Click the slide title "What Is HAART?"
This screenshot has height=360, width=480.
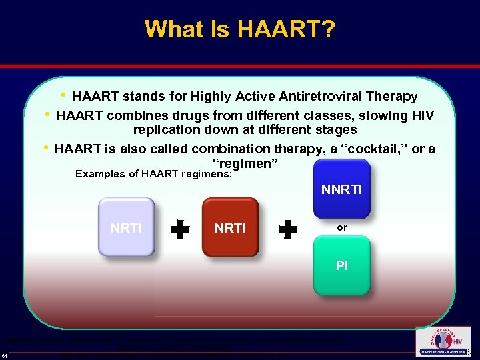[240, 29]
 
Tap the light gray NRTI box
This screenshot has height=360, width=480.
[126, 227]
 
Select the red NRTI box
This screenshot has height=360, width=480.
[230, 227]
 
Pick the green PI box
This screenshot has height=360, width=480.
[341, 265]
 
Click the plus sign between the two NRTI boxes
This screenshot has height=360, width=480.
[179, 230]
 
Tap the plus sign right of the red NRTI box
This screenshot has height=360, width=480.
[287, 230]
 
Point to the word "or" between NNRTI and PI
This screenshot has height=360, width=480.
[342, 227]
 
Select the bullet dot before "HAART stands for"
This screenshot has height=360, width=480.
[63, 95]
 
